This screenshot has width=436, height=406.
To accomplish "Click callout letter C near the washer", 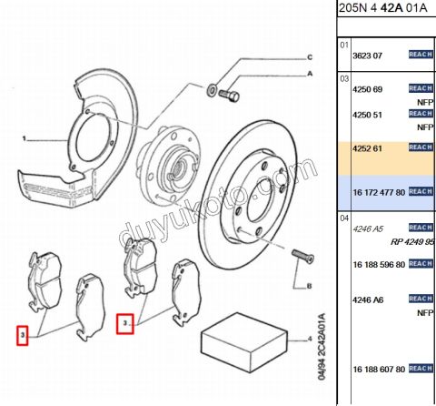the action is click(x=310, y=57).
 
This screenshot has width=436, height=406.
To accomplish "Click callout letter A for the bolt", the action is click(x=310, y=74).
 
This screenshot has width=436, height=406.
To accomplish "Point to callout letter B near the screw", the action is click(x=309, y=286).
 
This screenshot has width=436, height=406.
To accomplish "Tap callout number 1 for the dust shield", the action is click(x=25, y=138).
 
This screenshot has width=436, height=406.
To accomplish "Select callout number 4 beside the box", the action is click(x=310, y=339).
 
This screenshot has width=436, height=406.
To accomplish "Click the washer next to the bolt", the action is click(x=211, y=89).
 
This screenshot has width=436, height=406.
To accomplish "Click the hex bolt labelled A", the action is click(x=229, y=96).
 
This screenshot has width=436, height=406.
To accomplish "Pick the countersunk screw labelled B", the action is click(x=302, y=257).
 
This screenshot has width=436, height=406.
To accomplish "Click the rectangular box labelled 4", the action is click(x=244, y=342).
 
